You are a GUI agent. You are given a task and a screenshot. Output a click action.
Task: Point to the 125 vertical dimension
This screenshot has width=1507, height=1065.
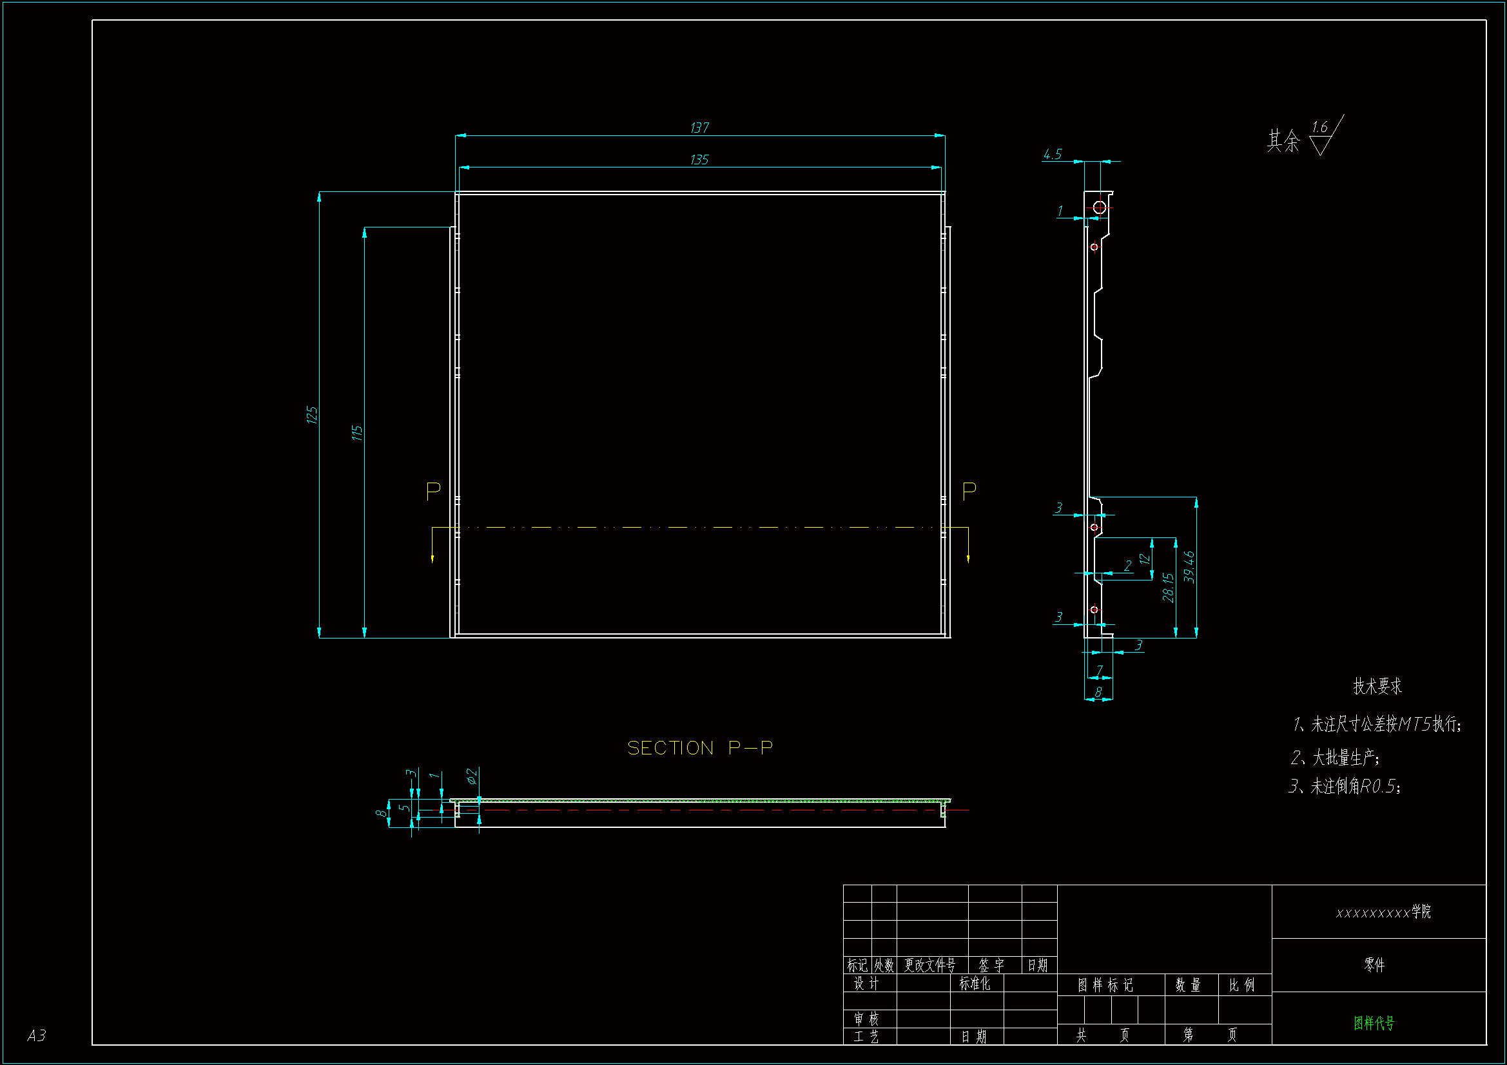pyautogui.click(x=312, y=415)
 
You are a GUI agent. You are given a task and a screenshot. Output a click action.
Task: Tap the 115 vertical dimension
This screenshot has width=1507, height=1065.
pyautogui.click(x=357, y=433)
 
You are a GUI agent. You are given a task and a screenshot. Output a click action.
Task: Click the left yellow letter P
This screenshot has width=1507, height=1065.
pyautogui.click(x=433, y=491)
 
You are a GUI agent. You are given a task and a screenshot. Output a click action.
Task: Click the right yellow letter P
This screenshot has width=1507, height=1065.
pyautogui.click(x=969, y=491)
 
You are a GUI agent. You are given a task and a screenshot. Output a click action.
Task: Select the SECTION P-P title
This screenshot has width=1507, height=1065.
pyautogui.click(x=700, y=748)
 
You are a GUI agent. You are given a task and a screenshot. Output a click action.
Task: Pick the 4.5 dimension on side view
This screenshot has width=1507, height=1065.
pyautogui.click(x=1052, y=154)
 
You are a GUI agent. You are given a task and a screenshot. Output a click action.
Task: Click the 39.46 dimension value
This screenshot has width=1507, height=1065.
pyautogui.click(x=1189, y=567)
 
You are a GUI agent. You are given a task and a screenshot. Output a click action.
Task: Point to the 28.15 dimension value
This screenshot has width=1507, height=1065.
pyautogui.click(x=1168, y=588)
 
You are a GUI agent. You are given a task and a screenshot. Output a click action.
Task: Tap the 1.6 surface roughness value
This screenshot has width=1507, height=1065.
pyautogui.click(x=1319, y=127)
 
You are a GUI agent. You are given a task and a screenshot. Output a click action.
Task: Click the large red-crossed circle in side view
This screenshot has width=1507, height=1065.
pyautogui.click(x=1100, y=208)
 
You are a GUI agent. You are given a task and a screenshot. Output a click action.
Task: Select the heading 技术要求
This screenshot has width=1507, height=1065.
pyautogui.click(x=1377, y=686)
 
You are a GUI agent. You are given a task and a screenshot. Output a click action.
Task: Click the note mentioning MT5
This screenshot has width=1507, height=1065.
pyautogui.click(x=1377, y=724)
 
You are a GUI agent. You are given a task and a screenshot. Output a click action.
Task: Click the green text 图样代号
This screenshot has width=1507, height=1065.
pyautogui.click(x=1374, y=1023)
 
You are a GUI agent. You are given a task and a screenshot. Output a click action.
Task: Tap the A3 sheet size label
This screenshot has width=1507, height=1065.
pyautogui.click(x=37, y=1035)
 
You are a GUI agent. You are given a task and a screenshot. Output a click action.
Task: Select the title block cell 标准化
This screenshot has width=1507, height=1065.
pyautogui.click(x=975, y=984)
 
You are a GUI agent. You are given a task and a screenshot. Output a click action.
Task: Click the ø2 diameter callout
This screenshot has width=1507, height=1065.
pyautogui.click(x=472, y=776)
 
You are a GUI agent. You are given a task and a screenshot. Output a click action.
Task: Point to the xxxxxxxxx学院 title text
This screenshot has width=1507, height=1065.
pyautogui.click(x=1383, y=912)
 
